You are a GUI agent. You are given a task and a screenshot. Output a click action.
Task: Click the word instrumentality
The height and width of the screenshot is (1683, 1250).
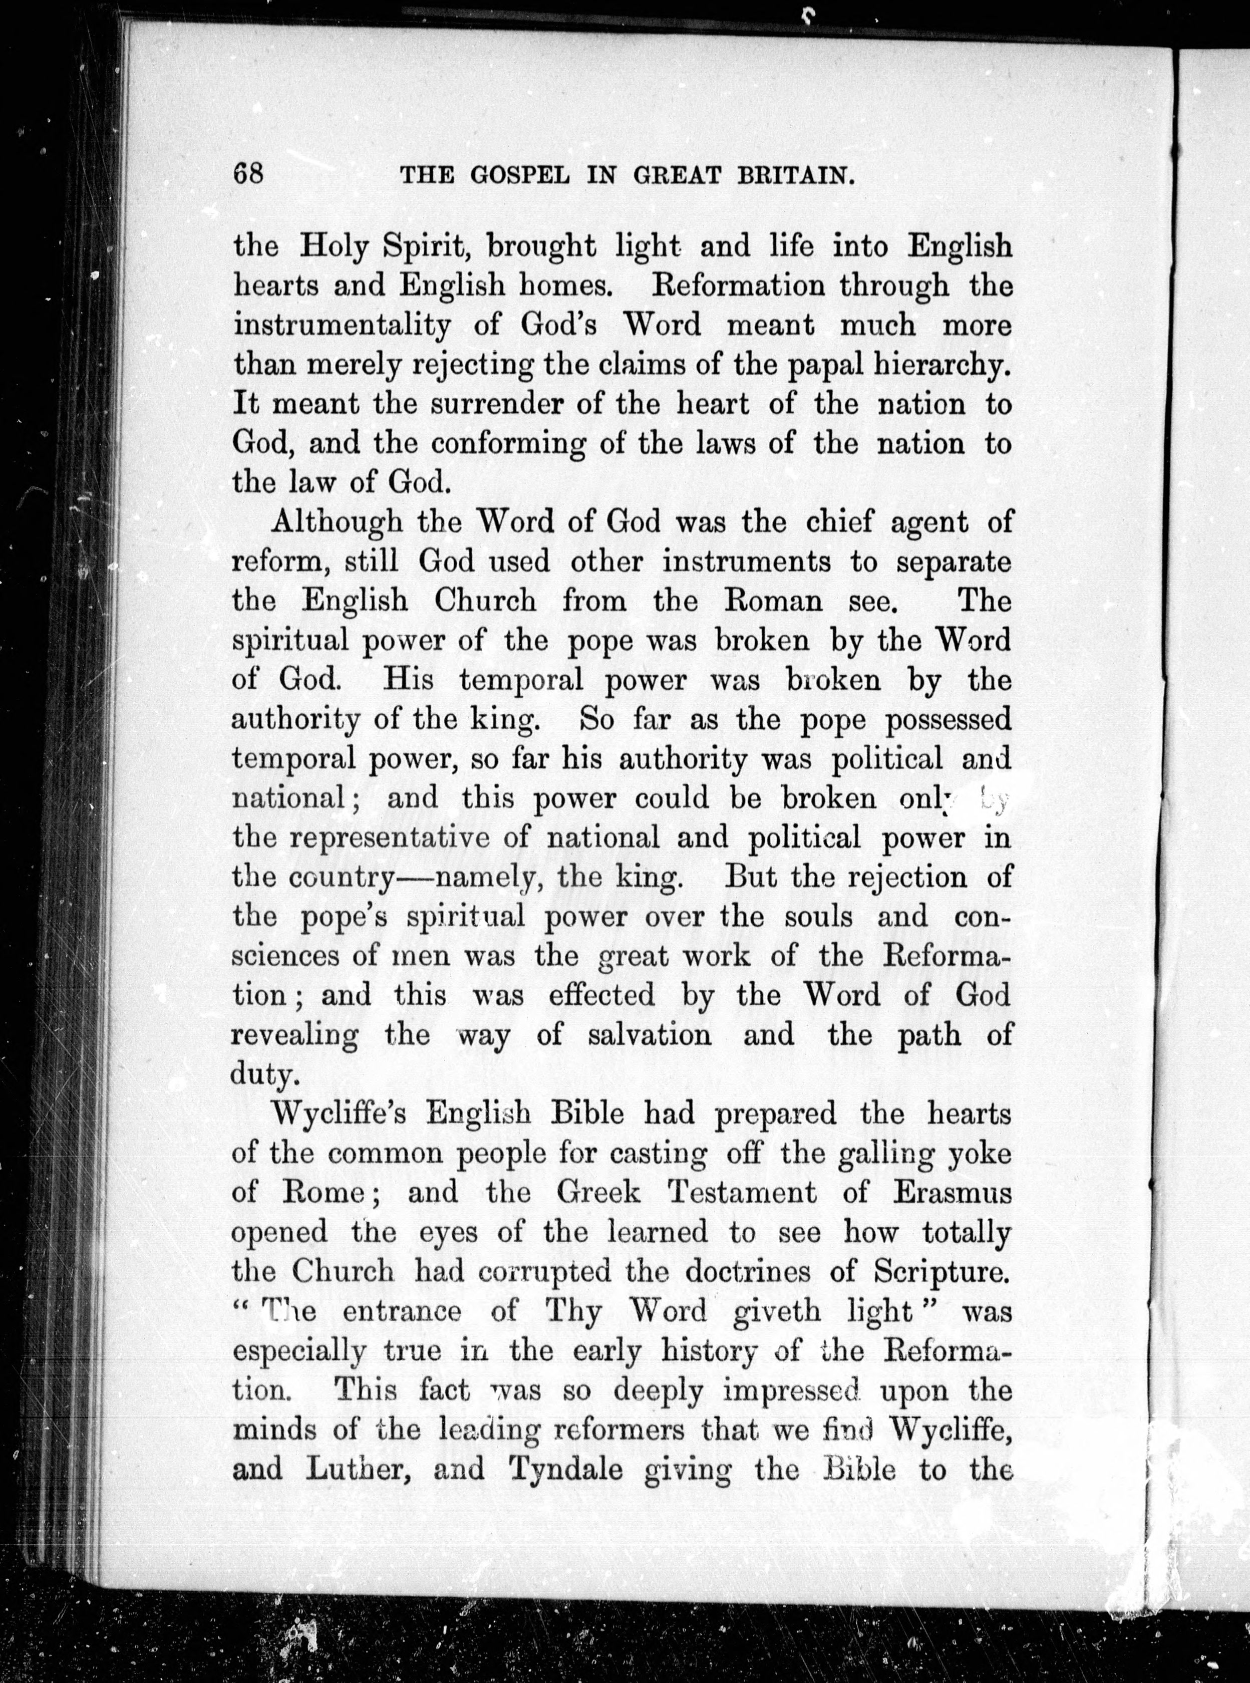[341, 326]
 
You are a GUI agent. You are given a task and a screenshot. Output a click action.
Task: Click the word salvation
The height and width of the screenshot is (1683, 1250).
[649, 1034]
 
